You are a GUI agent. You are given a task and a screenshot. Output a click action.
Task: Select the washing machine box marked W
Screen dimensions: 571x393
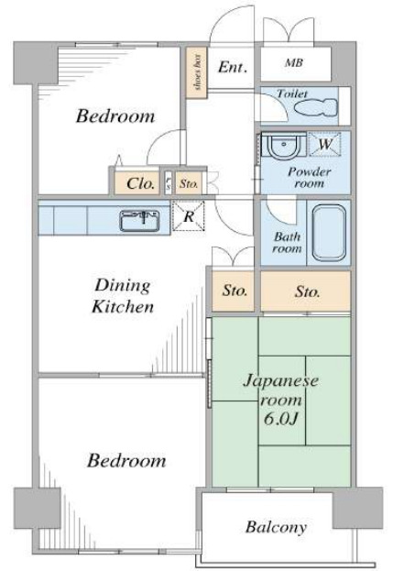[x=324, y=144]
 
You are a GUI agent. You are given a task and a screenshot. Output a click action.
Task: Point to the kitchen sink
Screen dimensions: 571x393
[x=138, y=220]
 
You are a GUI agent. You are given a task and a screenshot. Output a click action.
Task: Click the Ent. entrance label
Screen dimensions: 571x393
[x=231, y=66]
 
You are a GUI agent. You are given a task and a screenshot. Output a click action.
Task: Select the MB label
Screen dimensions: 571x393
[x=293, y=64]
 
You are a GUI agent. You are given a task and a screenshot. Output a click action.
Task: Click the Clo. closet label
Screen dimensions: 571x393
[x=140, y=182]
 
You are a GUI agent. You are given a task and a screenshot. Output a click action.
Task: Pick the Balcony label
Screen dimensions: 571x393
[x=275, y=528]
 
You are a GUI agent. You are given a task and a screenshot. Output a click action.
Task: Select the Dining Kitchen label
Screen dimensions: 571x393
[x=122, y=296]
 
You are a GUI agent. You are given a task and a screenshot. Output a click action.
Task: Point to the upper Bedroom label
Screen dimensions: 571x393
[x=115, y=116]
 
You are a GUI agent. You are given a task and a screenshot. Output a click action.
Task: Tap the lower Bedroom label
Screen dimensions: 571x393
[x=126, y=460]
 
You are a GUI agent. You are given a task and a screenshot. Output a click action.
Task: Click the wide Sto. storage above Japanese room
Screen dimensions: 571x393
[x=306, y=292]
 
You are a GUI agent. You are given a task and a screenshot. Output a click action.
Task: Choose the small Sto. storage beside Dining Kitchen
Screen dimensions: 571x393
[x=235, y=292]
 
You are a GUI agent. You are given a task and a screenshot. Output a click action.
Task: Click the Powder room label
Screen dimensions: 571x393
[x=308, y=177]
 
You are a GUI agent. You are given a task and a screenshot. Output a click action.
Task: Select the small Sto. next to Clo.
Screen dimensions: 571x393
[x=187, y=182]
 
